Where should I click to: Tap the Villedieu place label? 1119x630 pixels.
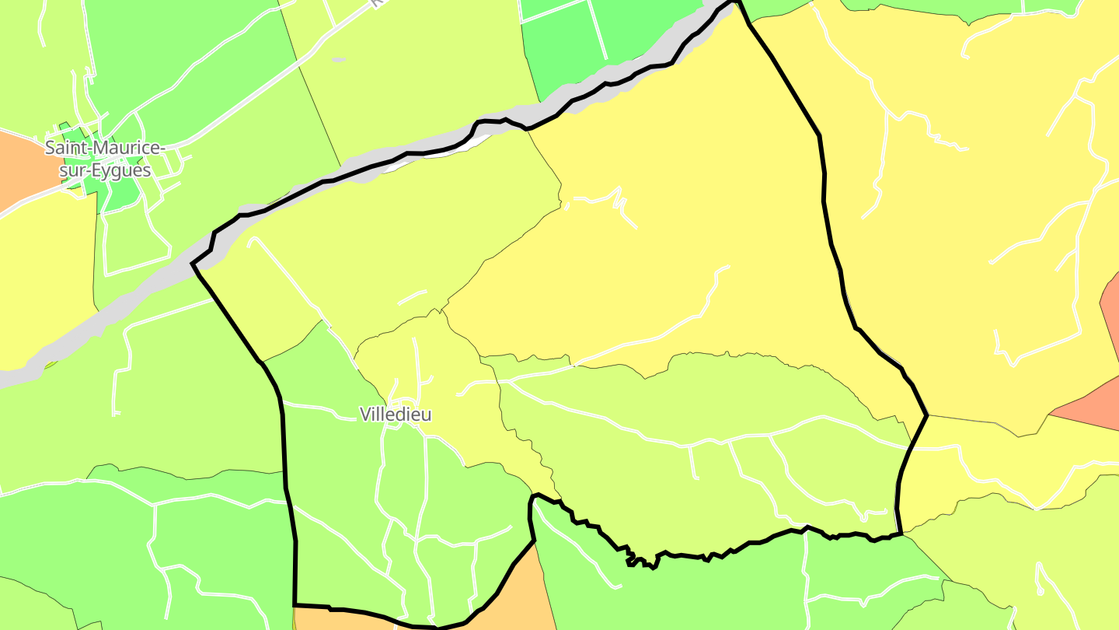pyautogui.click(x=396, y=415)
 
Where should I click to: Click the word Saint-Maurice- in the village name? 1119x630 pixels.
pyautogui.click(x=104, y=148)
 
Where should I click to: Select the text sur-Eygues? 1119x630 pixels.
pyautogui.click(x=104, y=170)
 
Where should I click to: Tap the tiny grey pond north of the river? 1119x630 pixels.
pyautogui.click(x=338, y=59)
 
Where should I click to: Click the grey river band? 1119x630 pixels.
pyautogui.click(x=117, y=311)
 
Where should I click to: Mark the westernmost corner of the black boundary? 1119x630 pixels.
pyautogui.click(x=192, y=264)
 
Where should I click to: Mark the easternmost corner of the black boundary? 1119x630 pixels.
pyautogui.click(x=927, y=415)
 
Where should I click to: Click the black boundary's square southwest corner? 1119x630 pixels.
pyautogui.click(x=295, y=604)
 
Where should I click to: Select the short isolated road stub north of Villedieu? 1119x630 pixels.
pyautogui.click(x=413, y=297)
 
